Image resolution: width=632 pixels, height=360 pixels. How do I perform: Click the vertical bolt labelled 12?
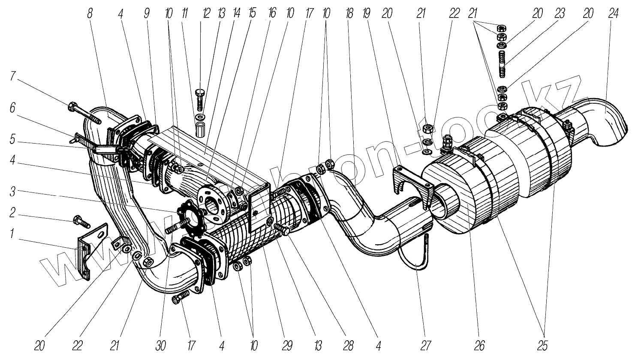[200, 99]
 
